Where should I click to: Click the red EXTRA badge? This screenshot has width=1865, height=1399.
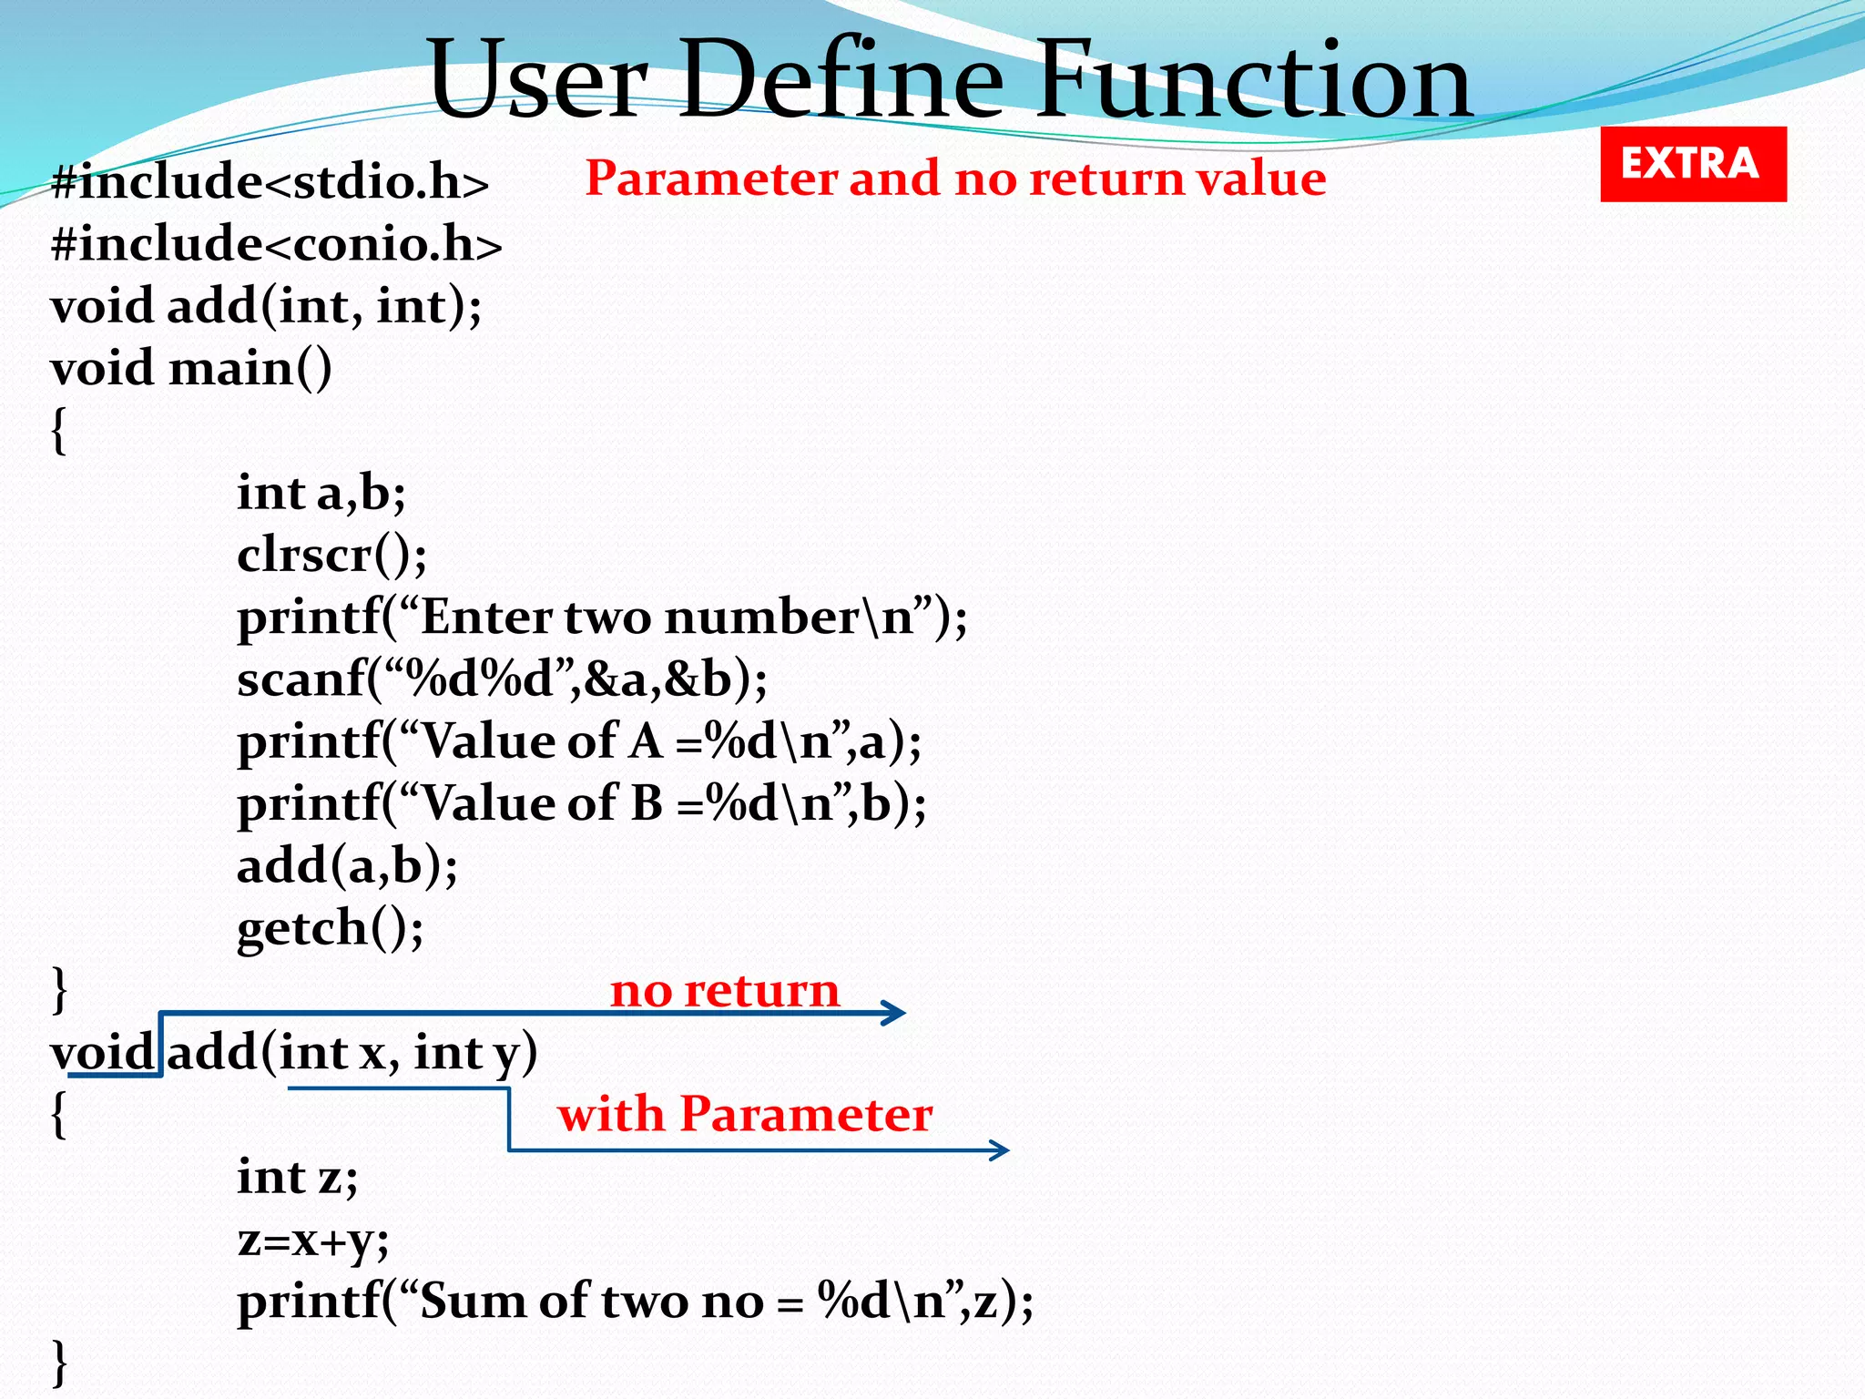click(1693, 164)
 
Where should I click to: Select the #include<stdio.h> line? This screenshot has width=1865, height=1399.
click(270, 181)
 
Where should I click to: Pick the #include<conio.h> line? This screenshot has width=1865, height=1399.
click(277, 244)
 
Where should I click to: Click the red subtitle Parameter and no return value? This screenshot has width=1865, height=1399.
click(955, 178)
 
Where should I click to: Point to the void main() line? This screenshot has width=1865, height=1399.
click(191, 368)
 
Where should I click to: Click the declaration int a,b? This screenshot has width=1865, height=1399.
click(321, 493)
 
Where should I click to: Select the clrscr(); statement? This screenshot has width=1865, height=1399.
click(331, 555)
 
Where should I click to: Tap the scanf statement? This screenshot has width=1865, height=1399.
click(502, 679)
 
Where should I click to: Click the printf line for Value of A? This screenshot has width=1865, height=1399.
click(579, 741)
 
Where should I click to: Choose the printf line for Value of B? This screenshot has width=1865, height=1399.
click(581, 803)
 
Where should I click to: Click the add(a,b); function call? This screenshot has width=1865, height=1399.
click(347, 865)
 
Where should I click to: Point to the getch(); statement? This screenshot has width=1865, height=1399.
click(330, 928)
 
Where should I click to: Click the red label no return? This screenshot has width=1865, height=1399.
click(725, 989)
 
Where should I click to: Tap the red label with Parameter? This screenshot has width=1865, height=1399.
click(745, 1113)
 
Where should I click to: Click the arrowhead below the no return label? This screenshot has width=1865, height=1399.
click(896, 1013)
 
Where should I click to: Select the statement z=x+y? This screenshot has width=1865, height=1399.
click(313, 1239)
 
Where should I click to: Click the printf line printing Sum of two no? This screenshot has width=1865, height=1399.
click(636, 1301)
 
